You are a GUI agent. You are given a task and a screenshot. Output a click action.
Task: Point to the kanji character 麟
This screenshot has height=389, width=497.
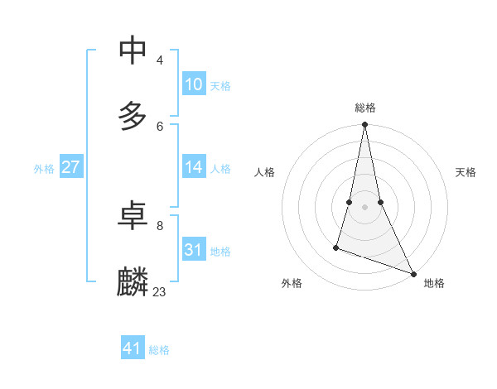(133, 281)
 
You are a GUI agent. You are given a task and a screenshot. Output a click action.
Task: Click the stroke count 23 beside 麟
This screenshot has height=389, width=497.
(160, 291)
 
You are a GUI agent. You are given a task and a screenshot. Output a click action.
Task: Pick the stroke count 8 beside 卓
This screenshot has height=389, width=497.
(160, 225)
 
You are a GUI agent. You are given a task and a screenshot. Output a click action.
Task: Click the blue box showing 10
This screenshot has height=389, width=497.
(194, 84)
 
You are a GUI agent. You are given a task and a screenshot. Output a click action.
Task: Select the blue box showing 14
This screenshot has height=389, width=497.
(194, 167)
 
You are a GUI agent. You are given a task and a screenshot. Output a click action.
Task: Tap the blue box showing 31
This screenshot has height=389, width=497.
(194, 250)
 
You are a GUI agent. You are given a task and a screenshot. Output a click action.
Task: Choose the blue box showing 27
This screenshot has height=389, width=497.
(71, 167)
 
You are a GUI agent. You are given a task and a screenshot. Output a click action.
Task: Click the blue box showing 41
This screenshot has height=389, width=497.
(133, 349)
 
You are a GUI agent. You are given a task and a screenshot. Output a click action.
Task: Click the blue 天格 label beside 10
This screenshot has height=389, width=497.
(220, 86)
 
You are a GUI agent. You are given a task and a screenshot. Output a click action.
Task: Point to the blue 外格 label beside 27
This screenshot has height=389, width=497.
(44, 169)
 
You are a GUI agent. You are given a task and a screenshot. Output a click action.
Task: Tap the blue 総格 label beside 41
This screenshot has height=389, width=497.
(159, 351)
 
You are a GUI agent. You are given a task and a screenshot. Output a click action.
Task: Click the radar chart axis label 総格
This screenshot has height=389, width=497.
(364, 108)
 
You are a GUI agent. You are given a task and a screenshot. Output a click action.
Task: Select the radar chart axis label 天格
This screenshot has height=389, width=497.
(466, 172)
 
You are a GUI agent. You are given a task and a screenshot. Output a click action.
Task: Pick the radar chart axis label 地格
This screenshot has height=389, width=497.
(434, 284)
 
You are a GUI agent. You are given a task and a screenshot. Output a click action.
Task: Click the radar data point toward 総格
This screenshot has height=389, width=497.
(364, 125)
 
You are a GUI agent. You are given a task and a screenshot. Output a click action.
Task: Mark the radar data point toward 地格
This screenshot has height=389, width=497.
(413, 274)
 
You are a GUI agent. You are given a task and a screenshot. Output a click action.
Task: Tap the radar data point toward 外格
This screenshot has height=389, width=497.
(336, 247)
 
